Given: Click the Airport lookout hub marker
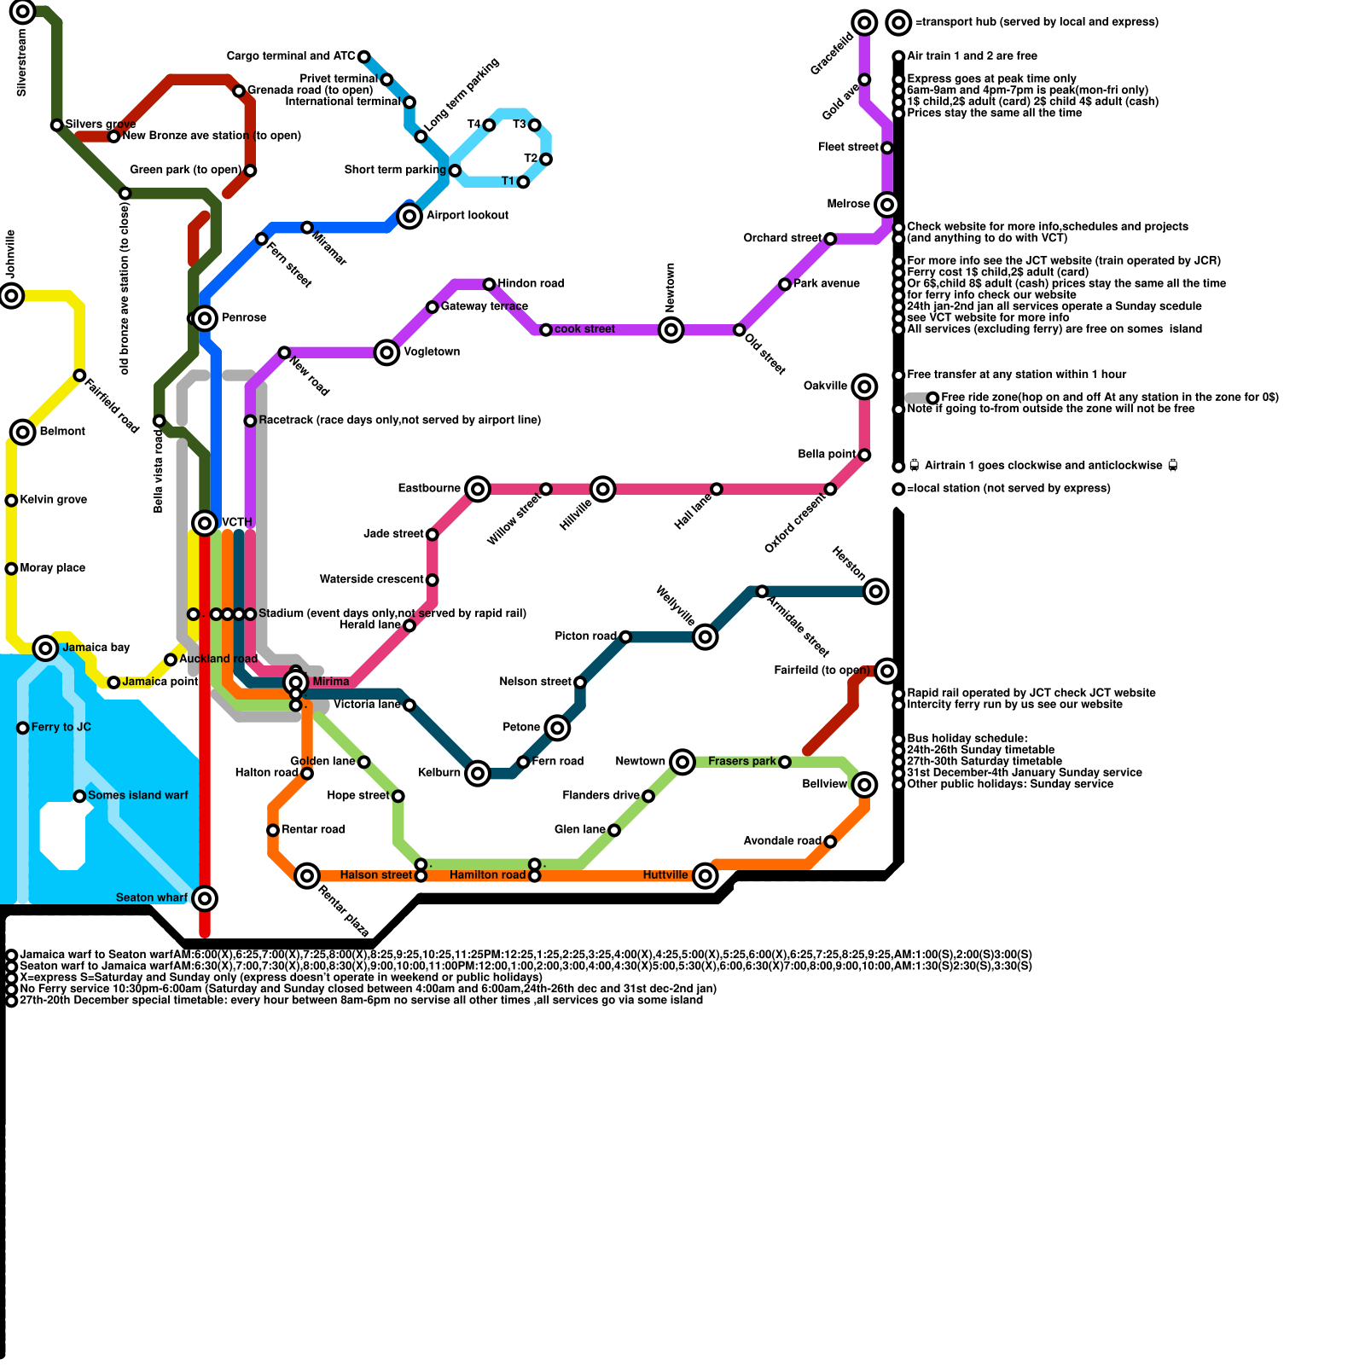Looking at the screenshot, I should coord(409,216).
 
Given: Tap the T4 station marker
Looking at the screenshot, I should coord(489,125).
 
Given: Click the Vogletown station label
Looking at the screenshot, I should coord(432,351).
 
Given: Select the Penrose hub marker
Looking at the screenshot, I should coord(204,318).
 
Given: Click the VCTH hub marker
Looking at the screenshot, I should coord(205,522).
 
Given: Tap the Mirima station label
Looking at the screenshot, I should coord(330,682).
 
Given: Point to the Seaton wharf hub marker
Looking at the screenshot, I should coord(204,897).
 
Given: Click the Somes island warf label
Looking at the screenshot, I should coord(138,795).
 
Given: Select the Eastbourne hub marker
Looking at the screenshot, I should coord(478,489).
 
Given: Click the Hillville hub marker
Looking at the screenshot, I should coord(603,489).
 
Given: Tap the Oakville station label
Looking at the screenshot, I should coord(825,386).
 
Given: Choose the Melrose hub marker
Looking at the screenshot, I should coord(887,205).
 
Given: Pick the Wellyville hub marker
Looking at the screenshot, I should coord(705,636).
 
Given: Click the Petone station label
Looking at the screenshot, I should coord(521,727).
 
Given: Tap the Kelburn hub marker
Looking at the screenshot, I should coord(478,773).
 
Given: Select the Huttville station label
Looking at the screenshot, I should coord(665,875).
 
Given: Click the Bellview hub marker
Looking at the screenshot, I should coord(864,784).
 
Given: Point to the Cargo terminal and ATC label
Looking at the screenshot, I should coord(291,56).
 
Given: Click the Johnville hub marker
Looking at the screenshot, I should coord(12,296).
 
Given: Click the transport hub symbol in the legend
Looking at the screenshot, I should coord(898,22).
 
